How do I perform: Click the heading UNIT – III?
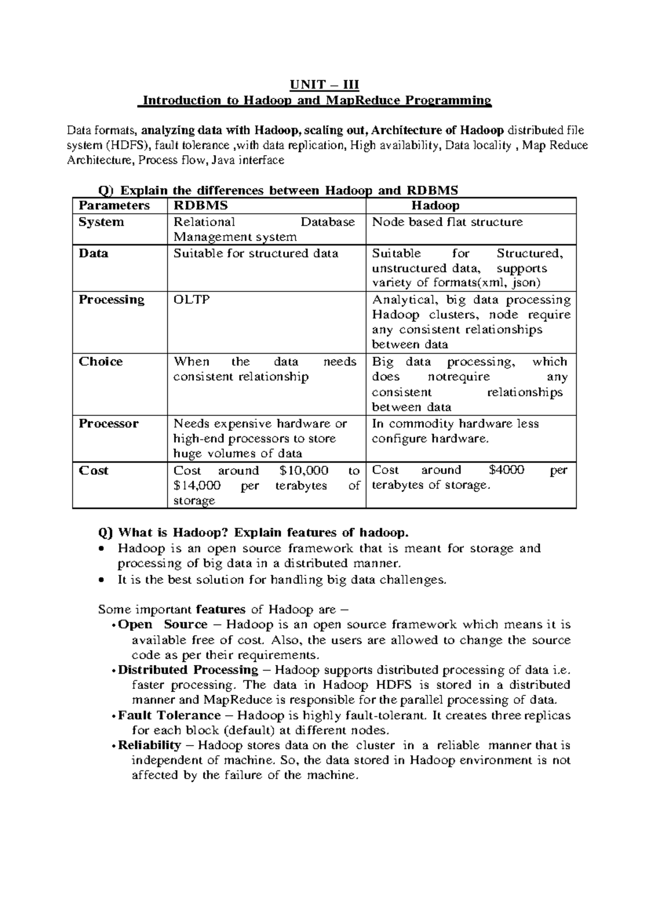point(324,85)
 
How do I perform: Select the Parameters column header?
point(114,205)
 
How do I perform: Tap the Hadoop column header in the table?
point(435,205)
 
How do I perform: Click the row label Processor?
point(108,423)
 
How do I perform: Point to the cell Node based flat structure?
point(447,222)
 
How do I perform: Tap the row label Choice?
point(101,362)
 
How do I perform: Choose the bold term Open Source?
point(162,625)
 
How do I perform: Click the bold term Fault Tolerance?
point(169,715)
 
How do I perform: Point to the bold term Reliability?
point(149,746)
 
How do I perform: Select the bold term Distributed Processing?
point(188,670)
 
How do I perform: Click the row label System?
point(101,222)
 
